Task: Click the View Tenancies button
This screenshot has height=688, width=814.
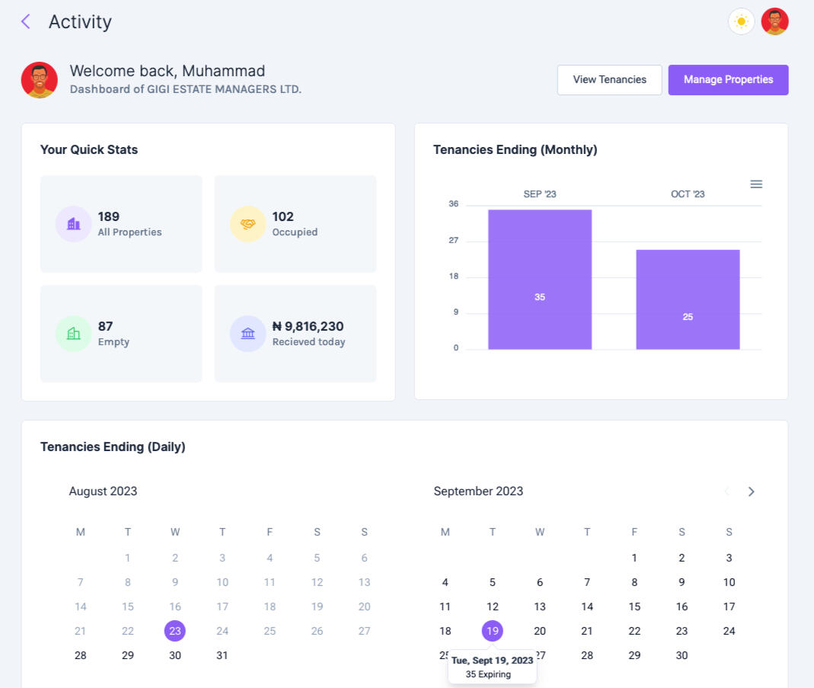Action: [609, 80]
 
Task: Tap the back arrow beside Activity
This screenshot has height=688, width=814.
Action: [26, 21]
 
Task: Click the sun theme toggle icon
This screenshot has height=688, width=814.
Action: [741, 21]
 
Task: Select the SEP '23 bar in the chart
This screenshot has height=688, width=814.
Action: [540, 280]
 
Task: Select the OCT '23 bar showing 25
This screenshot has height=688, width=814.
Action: [688, 299]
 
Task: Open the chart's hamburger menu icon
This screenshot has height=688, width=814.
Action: [756, 184]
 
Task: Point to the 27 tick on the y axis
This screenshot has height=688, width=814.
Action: [454, 241]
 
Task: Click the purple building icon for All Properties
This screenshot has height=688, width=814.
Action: [73, 224]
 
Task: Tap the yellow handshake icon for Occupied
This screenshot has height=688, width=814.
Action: [247, 224]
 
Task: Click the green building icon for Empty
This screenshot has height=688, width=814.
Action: [73, 334]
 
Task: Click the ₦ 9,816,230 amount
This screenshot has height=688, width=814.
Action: [308, 326]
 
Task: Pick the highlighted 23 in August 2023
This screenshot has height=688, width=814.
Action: [175, 631]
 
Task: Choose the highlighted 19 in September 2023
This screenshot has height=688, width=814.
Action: [493, 631]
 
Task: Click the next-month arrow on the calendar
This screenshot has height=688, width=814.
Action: [751, 491]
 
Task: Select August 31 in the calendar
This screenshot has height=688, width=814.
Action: [222, 655]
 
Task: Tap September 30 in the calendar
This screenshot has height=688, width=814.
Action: [682, 655]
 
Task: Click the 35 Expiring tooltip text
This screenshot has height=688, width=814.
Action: [488, 674]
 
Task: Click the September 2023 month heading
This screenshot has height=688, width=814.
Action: [478, 491]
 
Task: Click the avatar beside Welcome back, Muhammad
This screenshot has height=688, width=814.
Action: [40, 80]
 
